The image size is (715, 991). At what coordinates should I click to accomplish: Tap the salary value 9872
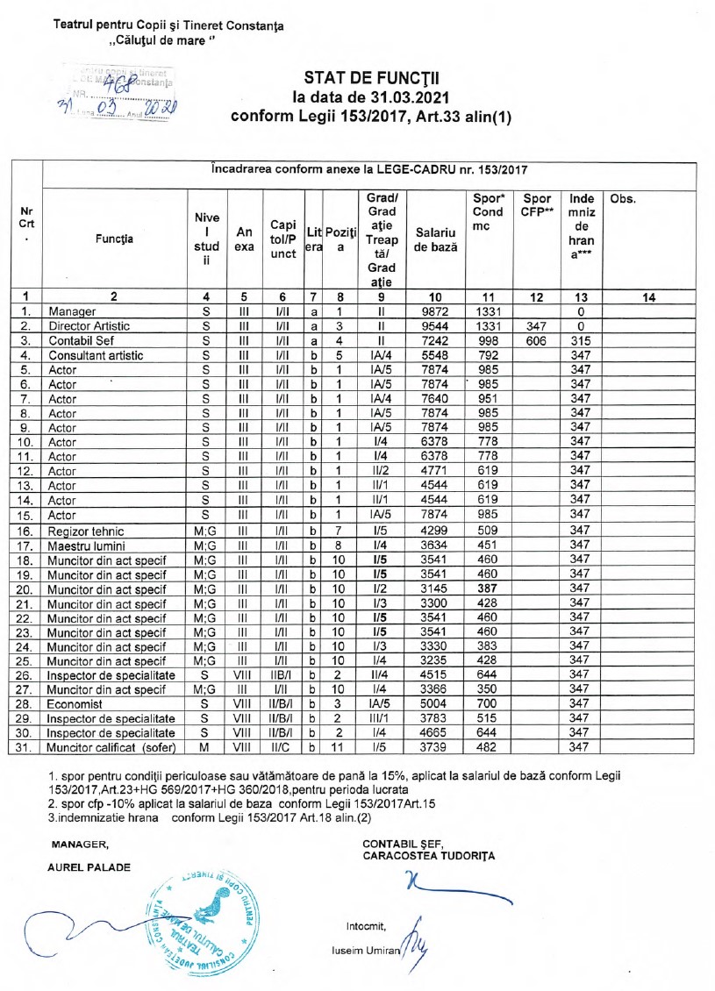tap(436, 311)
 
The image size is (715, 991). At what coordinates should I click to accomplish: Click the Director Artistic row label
tap(89, 325)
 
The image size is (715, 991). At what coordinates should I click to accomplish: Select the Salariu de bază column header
tap(436, 238)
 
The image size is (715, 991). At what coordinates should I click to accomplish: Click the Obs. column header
tap(622, 199)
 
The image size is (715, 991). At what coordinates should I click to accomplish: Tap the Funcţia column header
tap(116, 238)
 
